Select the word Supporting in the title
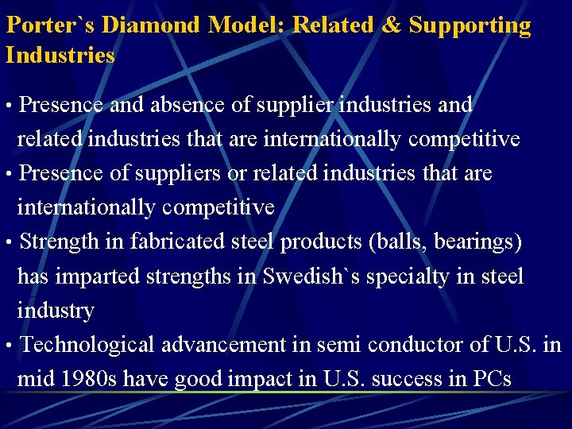tap(470, 25)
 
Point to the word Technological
tap(88, 345)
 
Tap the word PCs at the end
tap(492, 379)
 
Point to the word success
tap(414, 379)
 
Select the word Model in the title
tap(246, 25)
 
